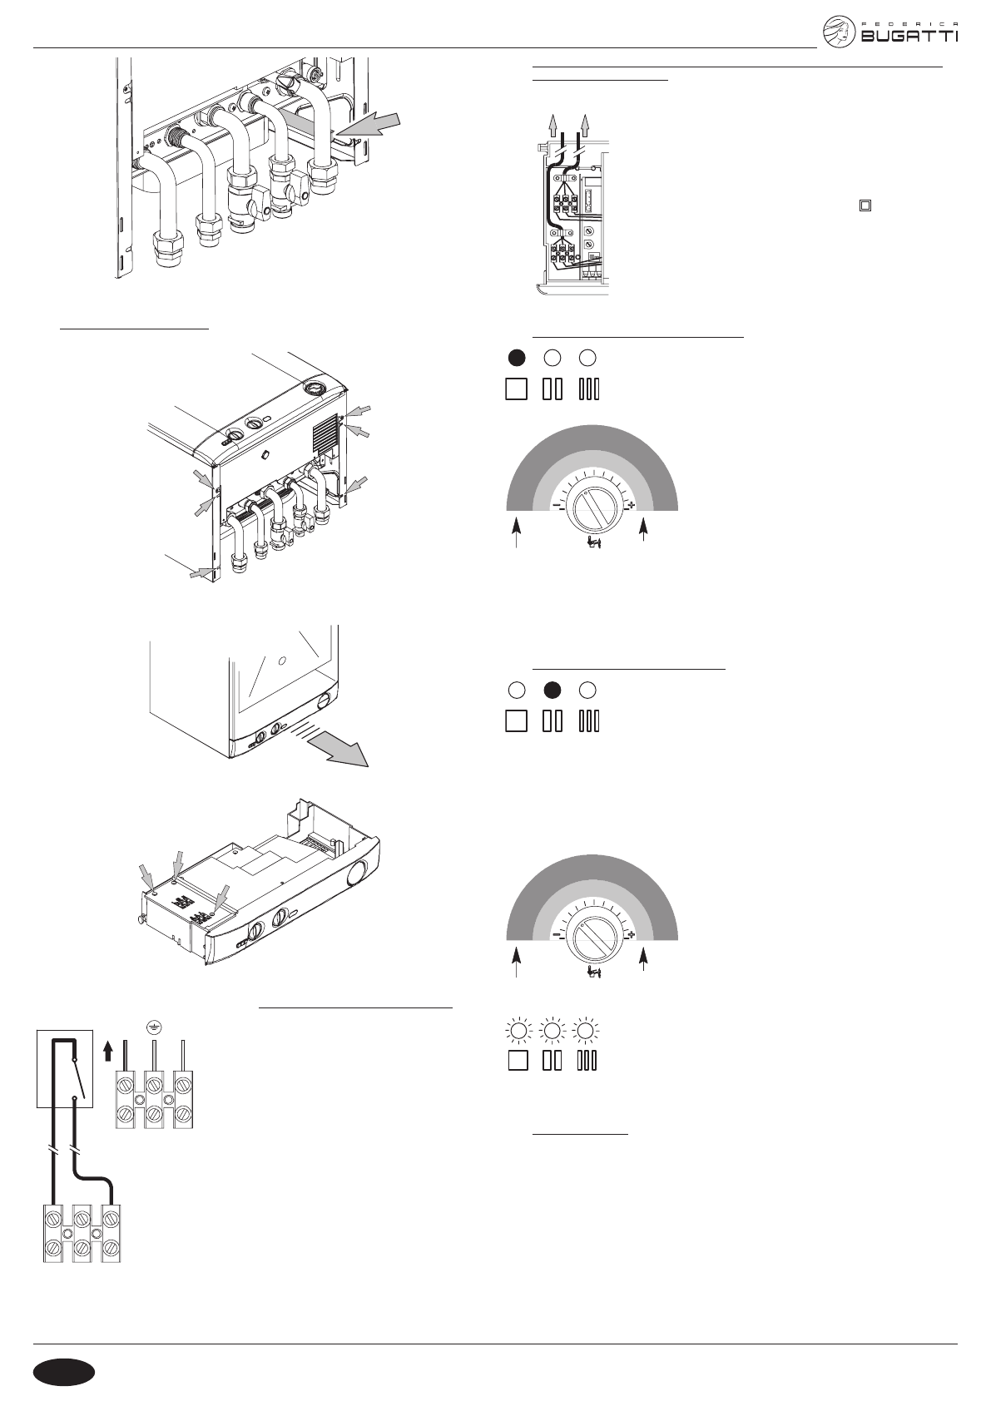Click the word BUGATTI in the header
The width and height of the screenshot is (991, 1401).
tap(909, 37)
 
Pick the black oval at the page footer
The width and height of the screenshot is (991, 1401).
tap(65, 1372)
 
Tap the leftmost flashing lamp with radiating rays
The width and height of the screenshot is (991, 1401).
tap(517, 1031)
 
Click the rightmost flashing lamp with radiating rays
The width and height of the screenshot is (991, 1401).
tap(587, 1031)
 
